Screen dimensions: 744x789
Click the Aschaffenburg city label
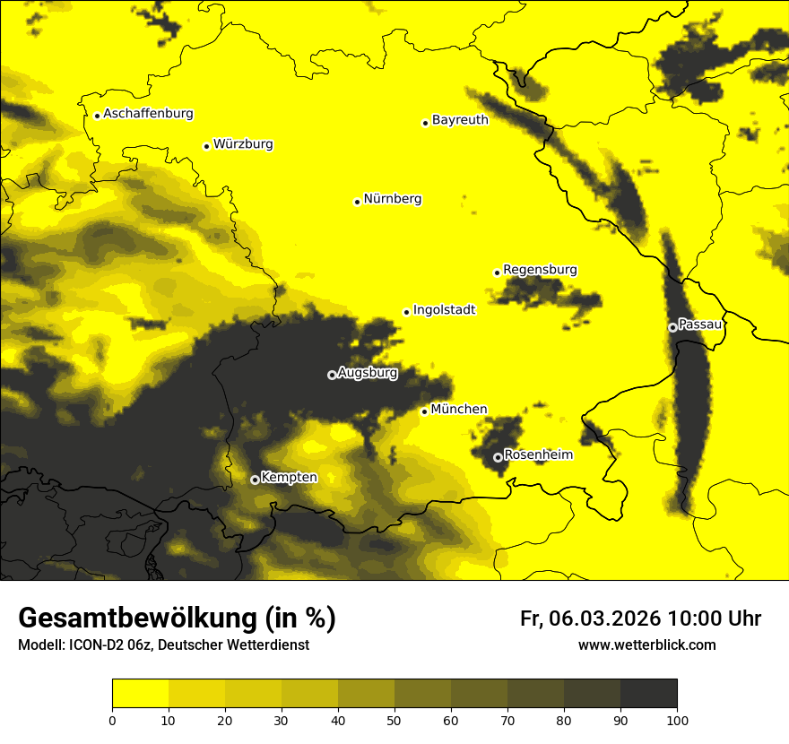[x=148, y=114]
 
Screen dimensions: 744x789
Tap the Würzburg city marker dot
[x=206, y=146]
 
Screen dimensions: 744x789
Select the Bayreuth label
[x=460, y=119]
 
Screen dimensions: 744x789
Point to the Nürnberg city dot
[x=357, y=202]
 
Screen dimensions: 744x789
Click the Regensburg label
[x=540, y=270]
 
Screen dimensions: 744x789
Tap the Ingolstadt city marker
[x=406, y=312]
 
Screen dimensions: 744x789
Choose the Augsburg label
[x=367, y=373]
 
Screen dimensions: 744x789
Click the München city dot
[x=424, y=411]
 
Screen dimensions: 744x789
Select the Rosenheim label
[x=538, y=455]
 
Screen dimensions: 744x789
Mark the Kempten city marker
[x=255, y=480]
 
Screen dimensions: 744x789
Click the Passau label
[x=700, y=324]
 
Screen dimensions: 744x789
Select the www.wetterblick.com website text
[x=646, y=645]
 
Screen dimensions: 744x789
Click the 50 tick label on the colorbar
[x=394, y=720]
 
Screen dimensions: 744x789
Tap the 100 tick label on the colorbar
[x=676, y=720]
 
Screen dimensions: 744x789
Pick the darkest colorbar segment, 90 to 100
[x=648, y=694]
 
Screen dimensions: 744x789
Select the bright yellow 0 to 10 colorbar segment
[x=140, y=694]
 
